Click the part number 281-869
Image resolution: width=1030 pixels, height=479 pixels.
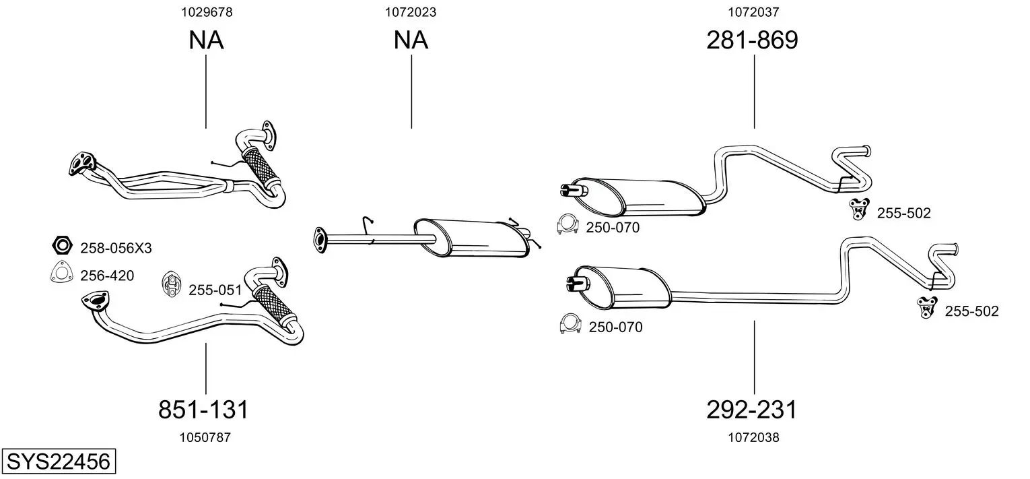click(752, 40)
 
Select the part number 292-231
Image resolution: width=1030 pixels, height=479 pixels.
click(751, 410)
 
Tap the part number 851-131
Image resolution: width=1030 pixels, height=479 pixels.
click(203, 410)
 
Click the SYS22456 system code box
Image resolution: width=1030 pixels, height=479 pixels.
click(59, 461)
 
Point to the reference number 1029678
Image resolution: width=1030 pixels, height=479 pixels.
click(207, 12)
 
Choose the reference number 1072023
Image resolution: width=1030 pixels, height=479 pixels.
click(411, 12)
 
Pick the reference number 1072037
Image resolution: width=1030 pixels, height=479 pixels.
click(753, 12)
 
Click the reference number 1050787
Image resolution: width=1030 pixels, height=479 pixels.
click(205, 437)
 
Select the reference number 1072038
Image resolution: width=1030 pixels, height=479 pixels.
click(753, 437)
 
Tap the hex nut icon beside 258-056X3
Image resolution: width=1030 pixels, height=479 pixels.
click(62, 245)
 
